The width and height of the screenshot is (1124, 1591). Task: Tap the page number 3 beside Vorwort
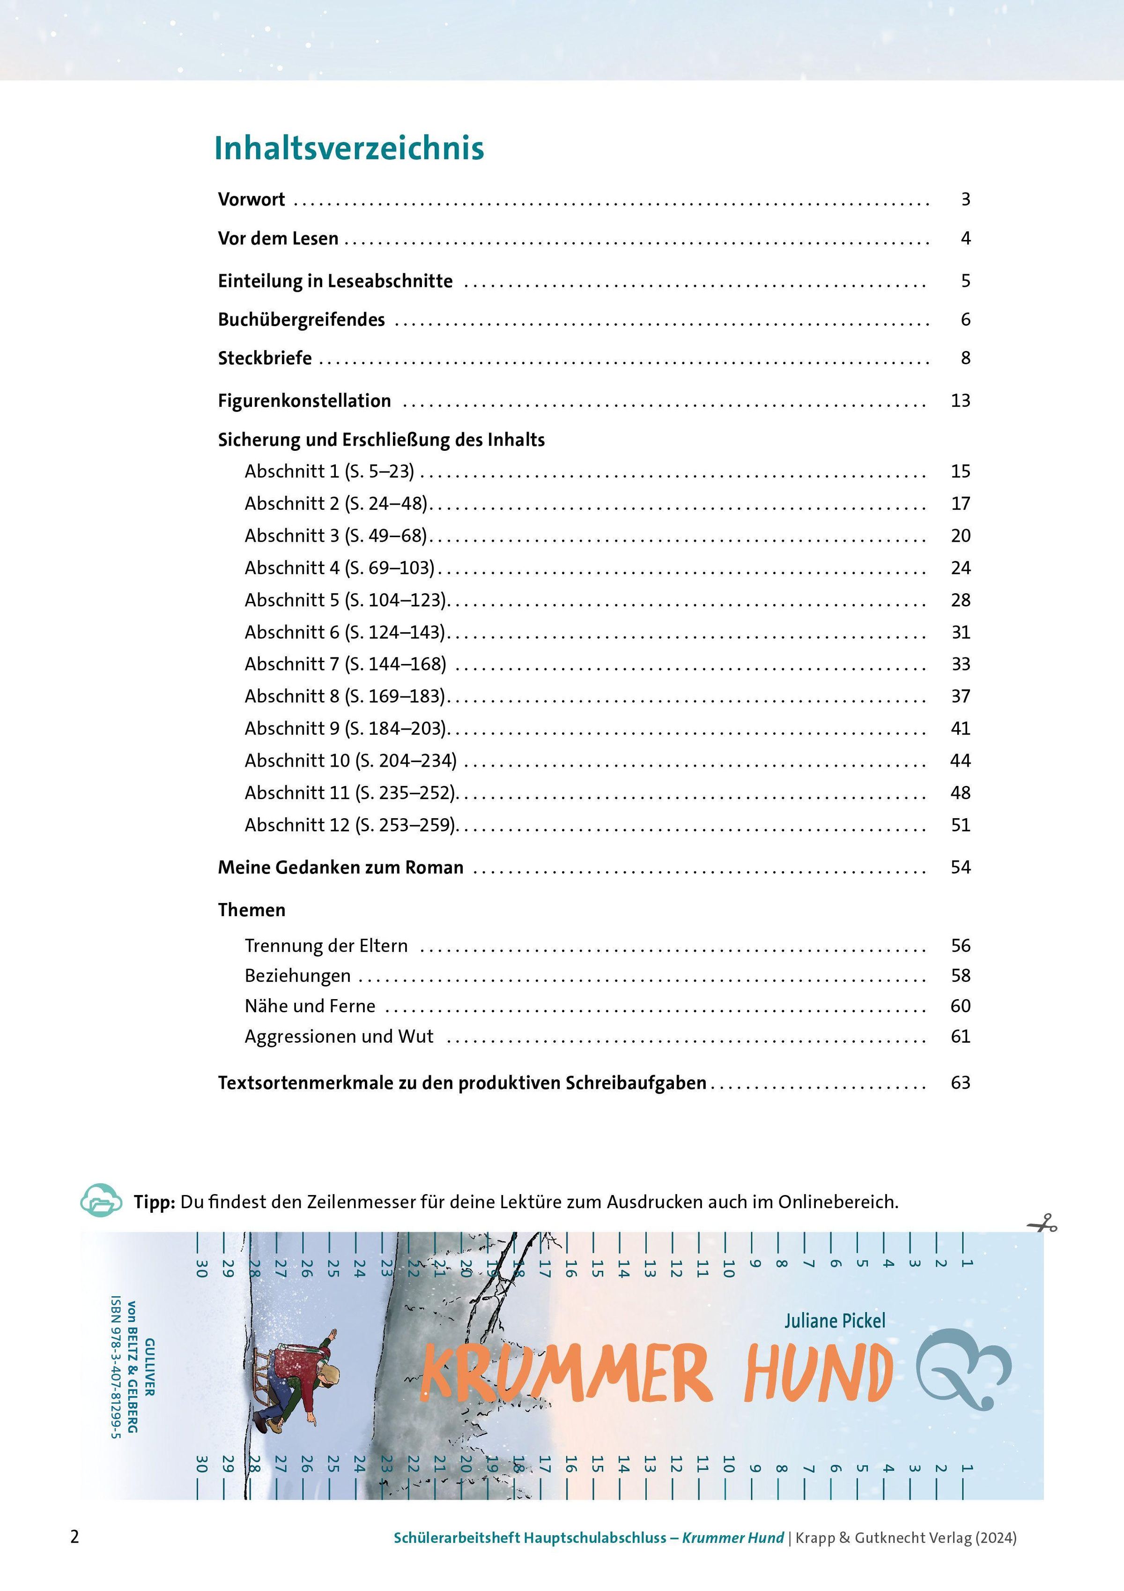[x=965, y=200]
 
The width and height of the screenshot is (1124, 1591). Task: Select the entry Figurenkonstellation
[x=304, y=401]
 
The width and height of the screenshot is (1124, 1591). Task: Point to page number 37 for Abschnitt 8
[x=961, y=696]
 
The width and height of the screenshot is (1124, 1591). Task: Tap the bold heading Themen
[x=251, y=910]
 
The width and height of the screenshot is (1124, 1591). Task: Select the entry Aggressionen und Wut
[x=339, y=1037]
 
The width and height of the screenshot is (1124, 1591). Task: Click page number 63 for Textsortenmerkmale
[x=961, y=1083]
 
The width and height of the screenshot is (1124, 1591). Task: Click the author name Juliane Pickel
[x=835, y=1321]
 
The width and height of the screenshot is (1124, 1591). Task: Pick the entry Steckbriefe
[x=265, y=358]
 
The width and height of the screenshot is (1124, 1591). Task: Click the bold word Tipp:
[x=154, y=1202]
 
